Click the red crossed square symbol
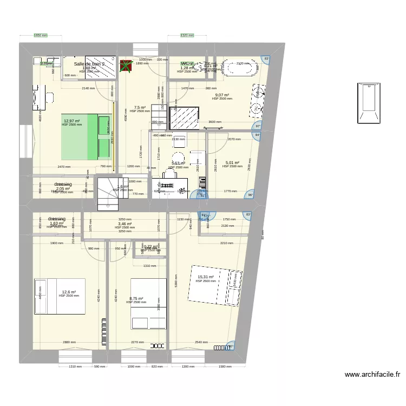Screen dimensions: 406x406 click(x=126, y=66)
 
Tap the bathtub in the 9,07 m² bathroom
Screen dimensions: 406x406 click(x=239, y=68)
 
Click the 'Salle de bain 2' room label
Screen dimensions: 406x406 click(x=93, y=64)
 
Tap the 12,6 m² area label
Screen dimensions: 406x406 click(x=69, y=292)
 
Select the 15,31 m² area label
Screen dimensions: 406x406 click(x=206, y=277)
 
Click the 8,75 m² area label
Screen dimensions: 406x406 click(x=136, y=298)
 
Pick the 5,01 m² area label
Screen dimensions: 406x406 click(x=232, y=162)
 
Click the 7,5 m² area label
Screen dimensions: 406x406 click(x=140, y=107)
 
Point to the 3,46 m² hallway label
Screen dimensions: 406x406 click(x=125, y=224)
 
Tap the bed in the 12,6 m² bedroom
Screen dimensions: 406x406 click(x=60, y=296)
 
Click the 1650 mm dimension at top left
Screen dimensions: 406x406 click(x=41, y=36)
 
